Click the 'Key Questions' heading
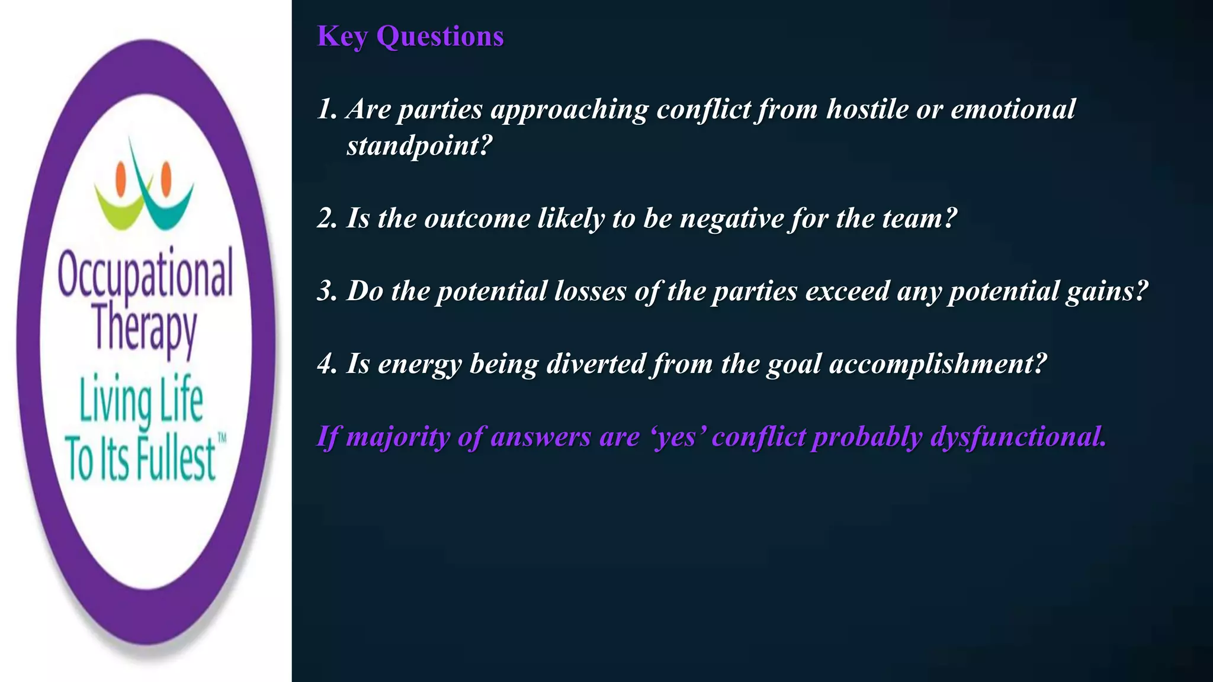point(410,36)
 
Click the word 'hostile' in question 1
point(867,109)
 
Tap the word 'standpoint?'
point(419,146)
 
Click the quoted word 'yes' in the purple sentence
point(679,437)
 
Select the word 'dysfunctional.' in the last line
point(1018,437)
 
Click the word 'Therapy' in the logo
point(145,329)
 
